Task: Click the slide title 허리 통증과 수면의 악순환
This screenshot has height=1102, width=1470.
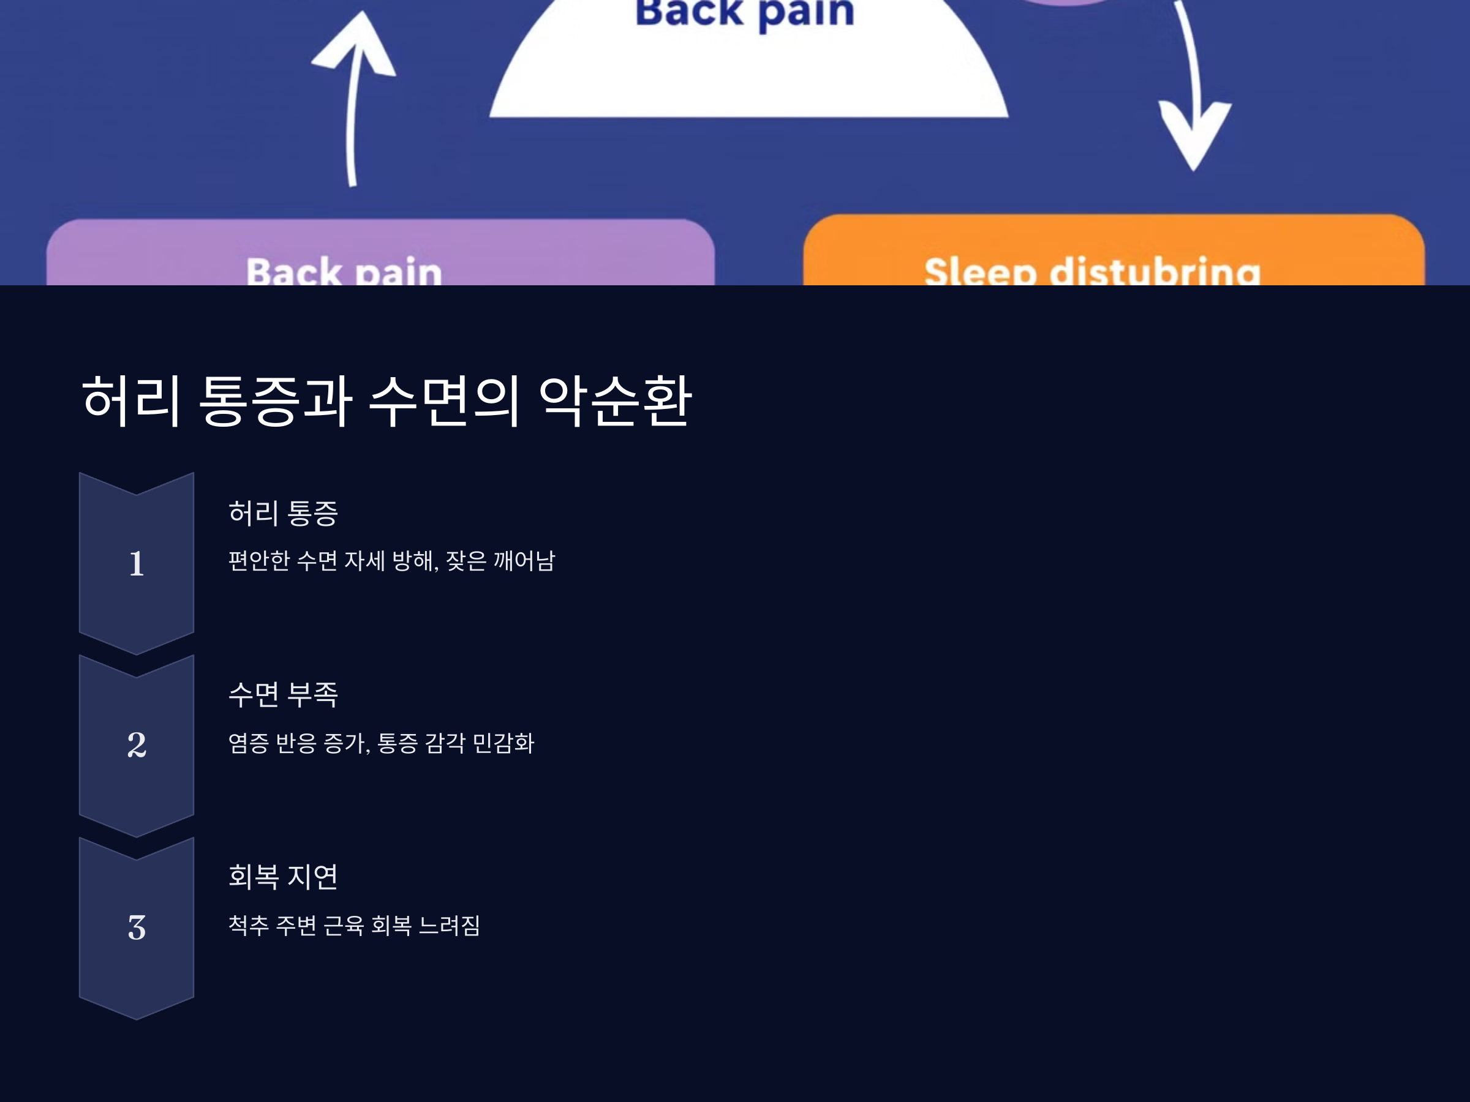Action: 386,400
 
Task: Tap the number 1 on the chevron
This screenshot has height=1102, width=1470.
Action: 136,563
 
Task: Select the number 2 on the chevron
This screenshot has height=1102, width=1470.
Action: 136,744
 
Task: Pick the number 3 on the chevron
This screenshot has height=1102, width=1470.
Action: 136,928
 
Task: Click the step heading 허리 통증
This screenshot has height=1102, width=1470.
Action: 283,514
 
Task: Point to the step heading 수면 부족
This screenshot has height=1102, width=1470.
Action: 283,695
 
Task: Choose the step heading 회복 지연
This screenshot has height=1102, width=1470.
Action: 283,877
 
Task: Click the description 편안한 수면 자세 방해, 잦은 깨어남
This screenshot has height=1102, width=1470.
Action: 391,561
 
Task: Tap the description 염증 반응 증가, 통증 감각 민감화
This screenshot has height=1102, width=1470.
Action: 381,743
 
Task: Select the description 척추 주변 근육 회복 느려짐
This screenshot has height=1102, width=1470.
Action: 354,925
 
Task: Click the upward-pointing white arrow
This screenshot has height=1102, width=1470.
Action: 355,100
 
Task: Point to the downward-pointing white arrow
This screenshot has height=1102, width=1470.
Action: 1193,100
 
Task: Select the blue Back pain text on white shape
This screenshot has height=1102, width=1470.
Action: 745,13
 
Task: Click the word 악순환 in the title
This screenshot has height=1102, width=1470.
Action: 616,400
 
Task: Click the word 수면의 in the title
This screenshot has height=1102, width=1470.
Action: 443,400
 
